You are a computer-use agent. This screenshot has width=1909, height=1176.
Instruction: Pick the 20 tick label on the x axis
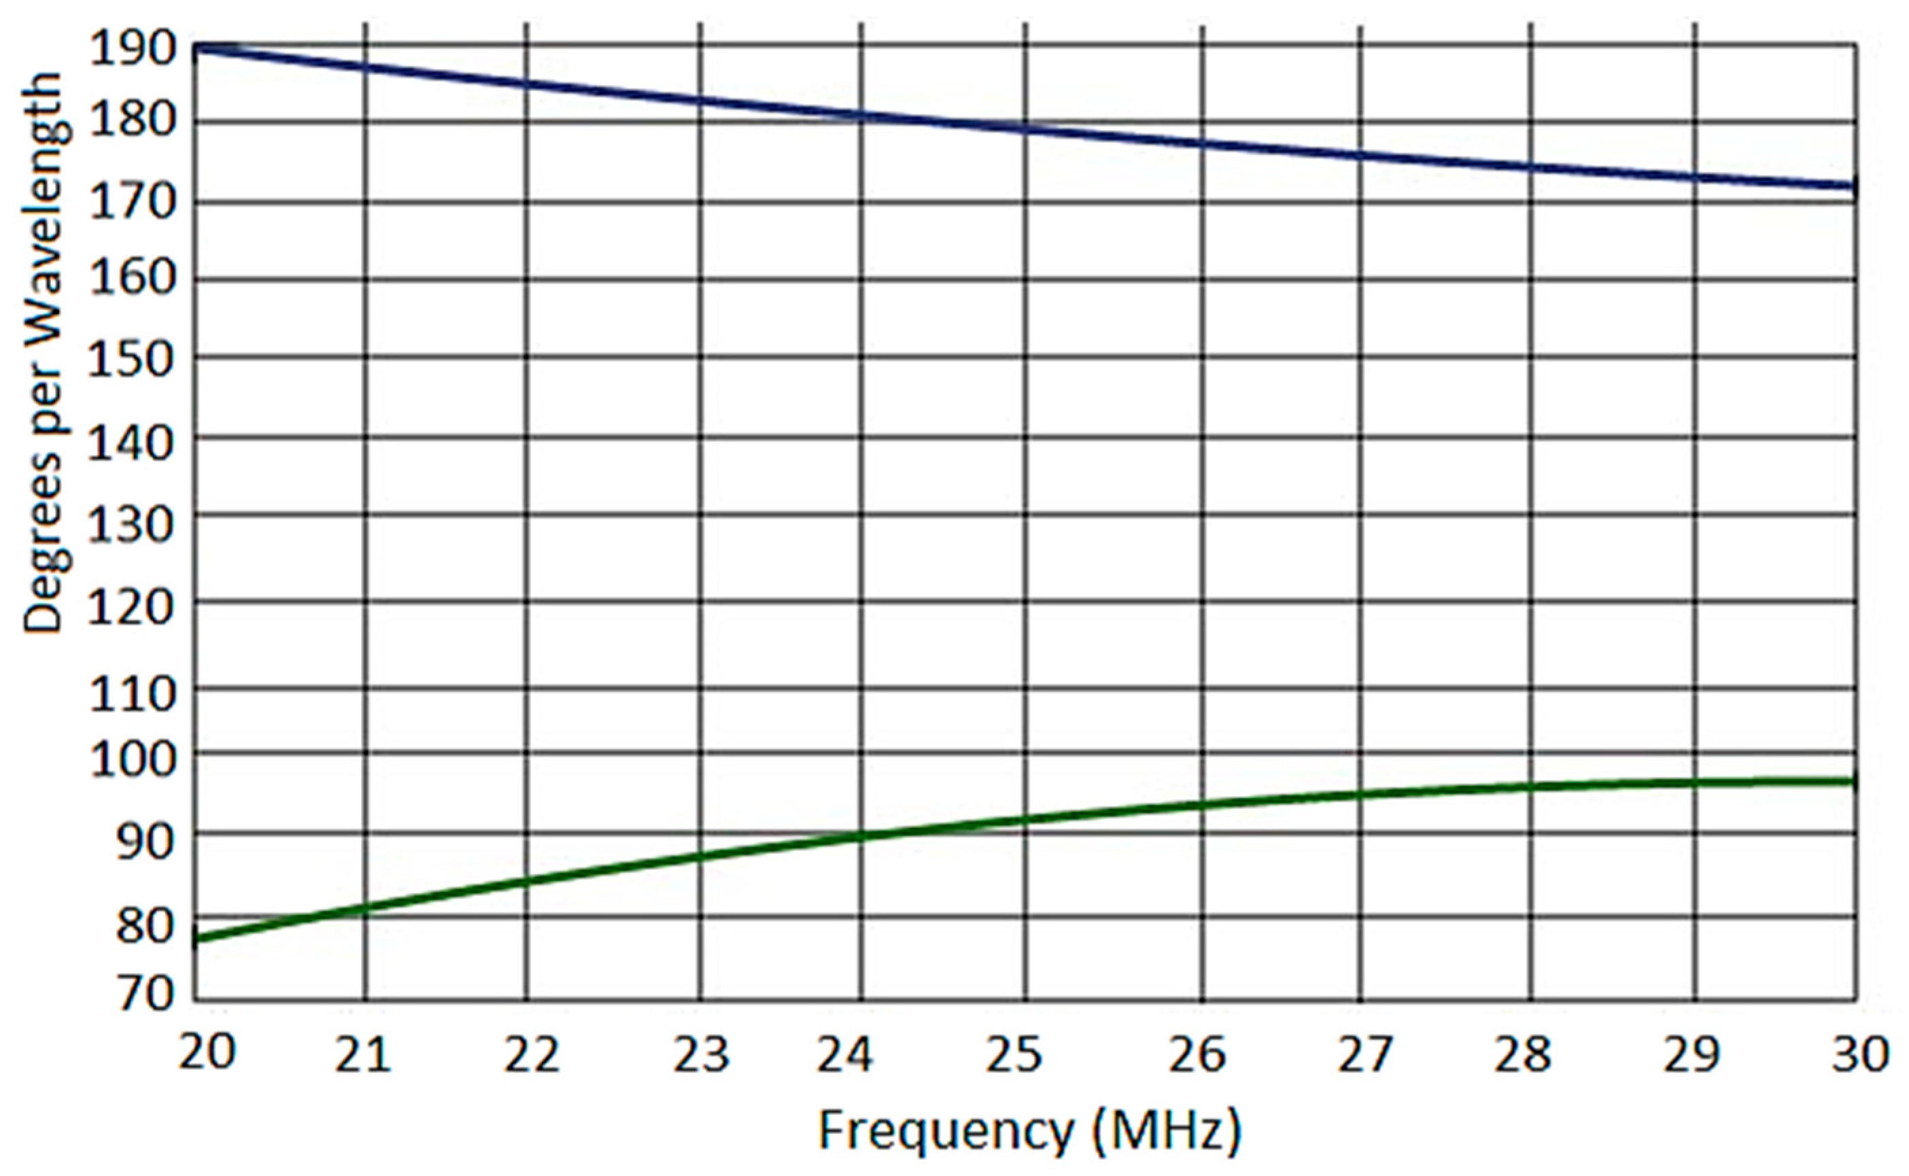tap(207, 1054)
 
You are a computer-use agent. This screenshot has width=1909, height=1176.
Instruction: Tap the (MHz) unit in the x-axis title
tap(1167, 1132)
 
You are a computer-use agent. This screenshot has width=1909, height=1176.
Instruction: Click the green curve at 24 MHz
tap(861, 837)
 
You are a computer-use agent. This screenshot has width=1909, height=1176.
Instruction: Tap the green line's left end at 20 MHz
tap(196, 939)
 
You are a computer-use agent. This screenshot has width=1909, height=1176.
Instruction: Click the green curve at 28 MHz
tap(1530, 787)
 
